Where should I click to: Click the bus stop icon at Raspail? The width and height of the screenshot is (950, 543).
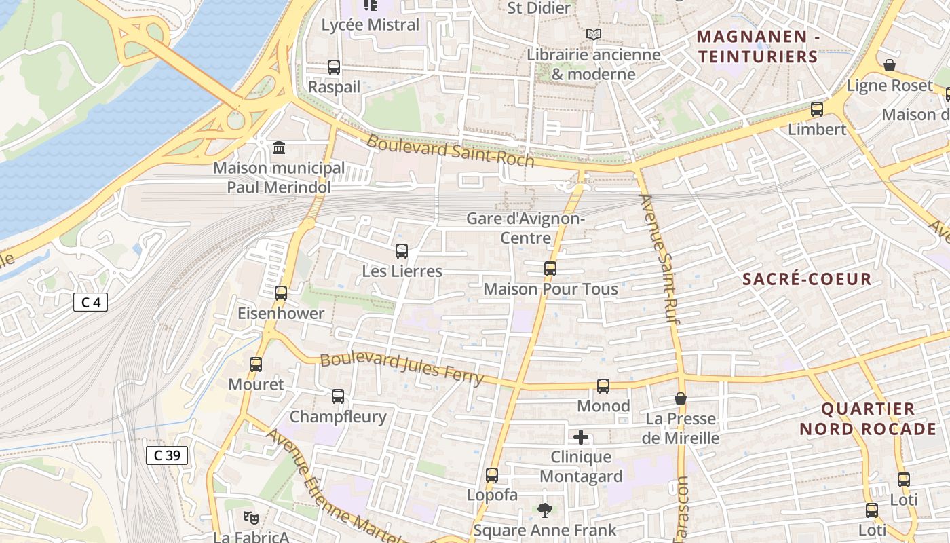tap(333, 67)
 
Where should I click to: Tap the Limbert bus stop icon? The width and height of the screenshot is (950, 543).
tap(817, 109)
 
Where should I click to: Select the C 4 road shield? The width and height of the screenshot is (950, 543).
tap(90, 302)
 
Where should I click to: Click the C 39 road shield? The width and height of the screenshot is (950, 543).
tap(167, 455)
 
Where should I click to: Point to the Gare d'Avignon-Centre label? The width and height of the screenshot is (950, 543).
tap(526, 229)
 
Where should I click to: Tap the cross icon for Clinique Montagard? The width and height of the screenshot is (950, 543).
tap(581, 437)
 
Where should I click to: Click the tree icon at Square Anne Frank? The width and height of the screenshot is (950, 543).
tap(544, 510)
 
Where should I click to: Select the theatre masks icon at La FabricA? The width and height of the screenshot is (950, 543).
tap(251, 518)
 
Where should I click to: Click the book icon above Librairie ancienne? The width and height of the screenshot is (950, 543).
tap(594, 34)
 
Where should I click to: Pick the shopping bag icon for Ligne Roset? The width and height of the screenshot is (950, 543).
tap(890, 65)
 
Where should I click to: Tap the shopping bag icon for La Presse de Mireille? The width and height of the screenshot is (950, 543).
tap(681, 398)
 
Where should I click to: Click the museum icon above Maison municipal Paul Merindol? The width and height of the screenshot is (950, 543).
tap(278, 147)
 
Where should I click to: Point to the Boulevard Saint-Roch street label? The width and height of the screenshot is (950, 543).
tap(451, 151)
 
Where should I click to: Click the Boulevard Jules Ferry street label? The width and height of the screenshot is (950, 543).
tap(402, 368)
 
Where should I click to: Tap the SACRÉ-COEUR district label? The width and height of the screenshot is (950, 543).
tap(807, 279)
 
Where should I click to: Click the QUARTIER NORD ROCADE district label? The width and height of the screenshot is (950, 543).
tap(868, 419)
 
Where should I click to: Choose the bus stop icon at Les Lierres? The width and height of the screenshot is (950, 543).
tap(402, 251)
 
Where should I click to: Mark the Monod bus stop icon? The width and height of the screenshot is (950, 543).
tap(603, 386)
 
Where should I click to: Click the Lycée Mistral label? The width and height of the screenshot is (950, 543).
tap(370, 25)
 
